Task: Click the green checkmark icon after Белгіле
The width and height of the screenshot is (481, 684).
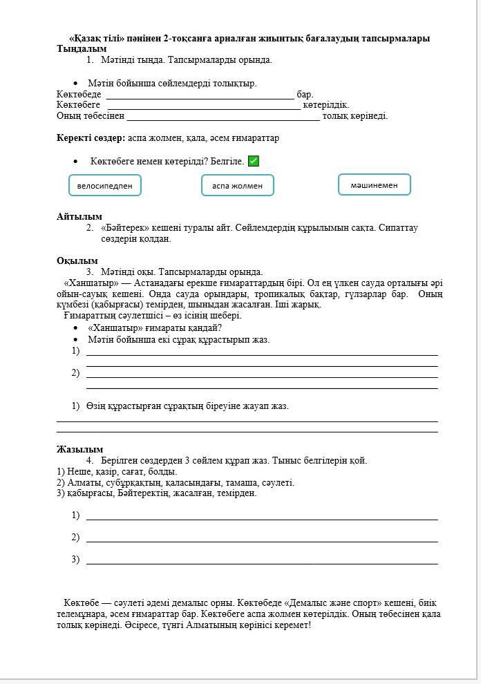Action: [x=254, y=161]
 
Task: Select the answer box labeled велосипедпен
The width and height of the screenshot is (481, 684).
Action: [x=105, y=185]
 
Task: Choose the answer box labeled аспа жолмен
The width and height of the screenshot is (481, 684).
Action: [x=237, y=185]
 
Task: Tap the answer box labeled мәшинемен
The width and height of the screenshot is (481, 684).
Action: [x=374, y=184]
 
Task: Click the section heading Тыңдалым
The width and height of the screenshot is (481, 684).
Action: [x=82, y=49]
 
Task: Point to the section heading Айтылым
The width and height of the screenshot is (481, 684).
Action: [x=79, y=216]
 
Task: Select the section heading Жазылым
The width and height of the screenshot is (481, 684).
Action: [x=79, y=449]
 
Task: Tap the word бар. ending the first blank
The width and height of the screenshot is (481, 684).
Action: [x=305, y=94]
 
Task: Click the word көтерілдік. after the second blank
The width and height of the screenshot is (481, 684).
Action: [x=326, y=105]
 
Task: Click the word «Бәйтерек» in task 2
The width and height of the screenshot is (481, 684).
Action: [x=124, y=227]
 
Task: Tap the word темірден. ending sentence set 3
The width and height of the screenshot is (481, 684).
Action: [x=236, y=493]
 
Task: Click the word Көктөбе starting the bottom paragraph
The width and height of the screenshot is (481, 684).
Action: [x=82, y=602]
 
